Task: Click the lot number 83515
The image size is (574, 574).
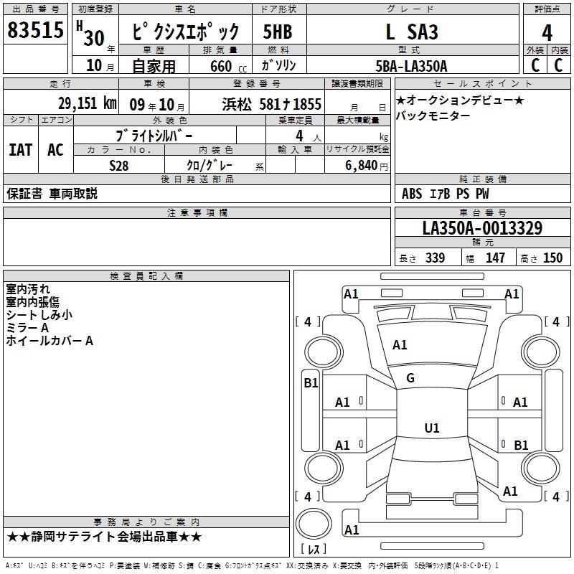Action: coord(35,29)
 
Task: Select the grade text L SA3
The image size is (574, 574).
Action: coord(412,32)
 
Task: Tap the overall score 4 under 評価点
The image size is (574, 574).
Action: coord(547,33)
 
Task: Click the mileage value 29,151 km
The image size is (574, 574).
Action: coord(88,103)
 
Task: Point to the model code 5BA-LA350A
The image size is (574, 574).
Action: coord(411,66)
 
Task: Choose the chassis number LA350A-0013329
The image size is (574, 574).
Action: coord(482,228)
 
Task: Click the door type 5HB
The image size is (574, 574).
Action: coord(278,32)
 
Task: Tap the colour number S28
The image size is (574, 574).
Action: coord(119,166)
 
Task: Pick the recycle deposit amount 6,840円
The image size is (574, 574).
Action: coord(367,166)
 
